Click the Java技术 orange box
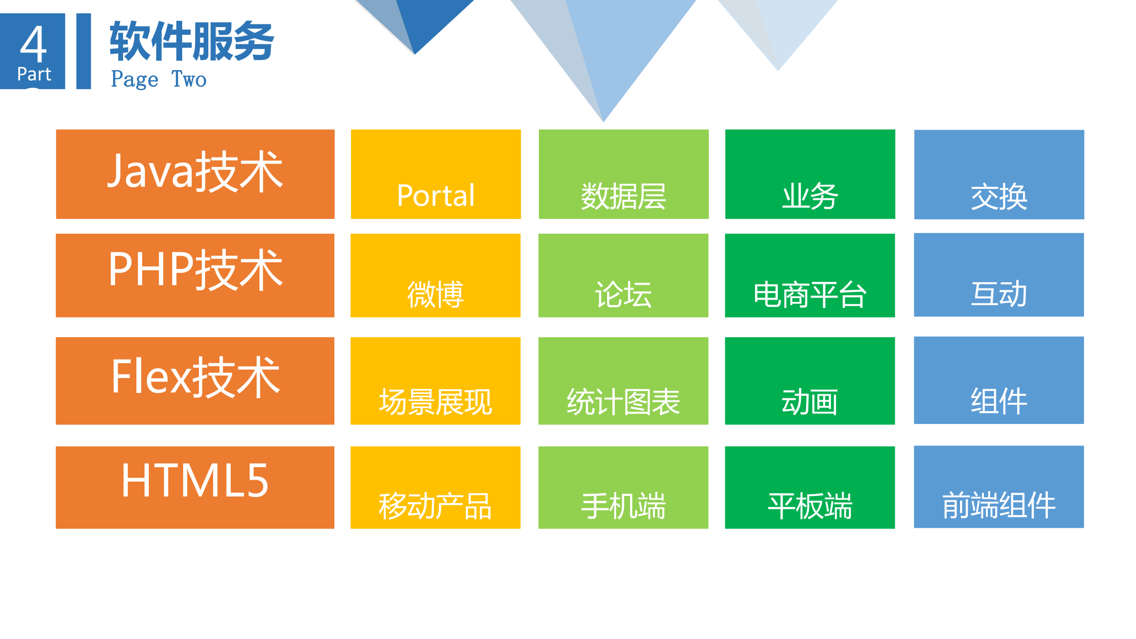coord(195,174)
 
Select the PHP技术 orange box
coord(195,275)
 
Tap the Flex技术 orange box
coord(195,381)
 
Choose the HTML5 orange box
coord(195,487)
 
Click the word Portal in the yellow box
coord(436,196)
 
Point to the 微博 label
coord(435,294)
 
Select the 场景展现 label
coord(435,402)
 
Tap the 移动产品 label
coord(435,506)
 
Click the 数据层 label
coord(623,196)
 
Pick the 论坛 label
coord(623,294)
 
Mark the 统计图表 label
coord(623,402)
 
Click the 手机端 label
coord(623,506)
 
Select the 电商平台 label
coord(810,294)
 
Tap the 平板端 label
coord(810,506)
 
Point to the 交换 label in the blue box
coord(999,196)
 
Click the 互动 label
coord(999,293)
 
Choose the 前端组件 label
coord(999,505)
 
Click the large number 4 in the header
coord(33,44)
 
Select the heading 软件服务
coord(192,41)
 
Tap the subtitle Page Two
coord(159,79)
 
